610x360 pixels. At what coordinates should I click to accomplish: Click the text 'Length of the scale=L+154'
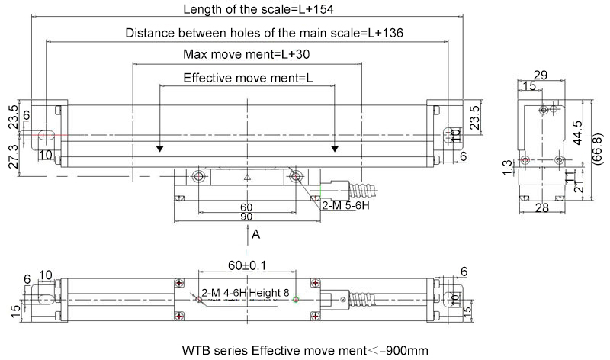248,10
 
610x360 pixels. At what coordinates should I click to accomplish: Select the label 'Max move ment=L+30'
246,55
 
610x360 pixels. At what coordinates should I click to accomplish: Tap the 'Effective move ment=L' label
246,79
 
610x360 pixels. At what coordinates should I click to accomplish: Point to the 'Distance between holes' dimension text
264,34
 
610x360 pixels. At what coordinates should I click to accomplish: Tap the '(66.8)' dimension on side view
599,149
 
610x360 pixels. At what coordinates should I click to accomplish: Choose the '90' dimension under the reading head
246,217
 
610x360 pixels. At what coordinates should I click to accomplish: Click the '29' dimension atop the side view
541,75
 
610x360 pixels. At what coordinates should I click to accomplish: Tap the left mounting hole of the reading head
198,178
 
